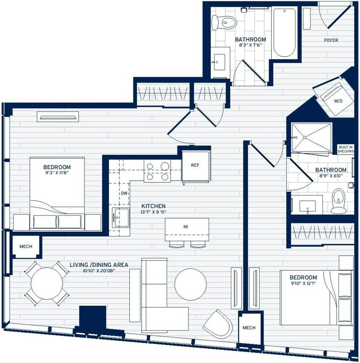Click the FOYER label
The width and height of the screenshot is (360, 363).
331,40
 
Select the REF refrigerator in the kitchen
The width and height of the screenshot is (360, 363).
195,166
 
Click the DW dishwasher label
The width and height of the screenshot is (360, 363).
124,193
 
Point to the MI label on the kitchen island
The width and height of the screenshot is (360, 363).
186,227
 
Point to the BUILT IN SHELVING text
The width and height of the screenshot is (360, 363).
346,149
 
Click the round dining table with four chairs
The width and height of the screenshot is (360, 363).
47,284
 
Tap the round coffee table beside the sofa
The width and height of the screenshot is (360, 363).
190,284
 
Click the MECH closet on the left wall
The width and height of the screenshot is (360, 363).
26,247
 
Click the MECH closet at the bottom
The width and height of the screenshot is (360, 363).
249,327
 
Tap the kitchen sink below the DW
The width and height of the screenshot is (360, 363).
120,217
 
